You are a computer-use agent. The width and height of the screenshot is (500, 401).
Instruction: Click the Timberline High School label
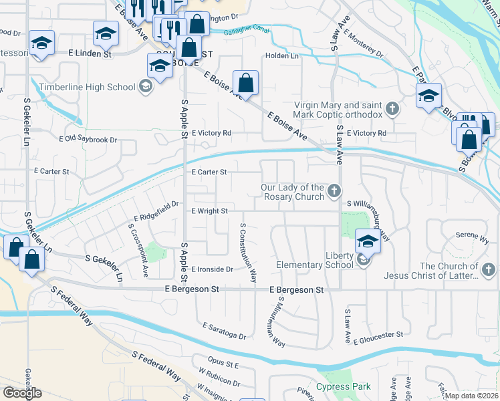[x=87, y=87]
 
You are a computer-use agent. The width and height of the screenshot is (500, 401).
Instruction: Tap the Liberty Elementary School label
[x=316, y=260]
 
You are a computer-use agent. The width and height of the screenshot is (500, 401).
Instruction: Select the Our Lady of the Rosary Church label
[x=293, y=192]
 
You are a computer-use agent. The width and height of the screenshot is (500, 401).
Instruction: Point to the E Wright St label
[x=210, y=211]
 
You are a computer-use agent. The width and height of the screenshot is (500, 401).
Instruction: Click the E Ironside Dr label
[x=212, y=269]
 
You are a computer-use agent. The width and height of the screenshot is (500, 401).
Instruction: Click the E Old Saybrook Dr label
[x=88, y=140]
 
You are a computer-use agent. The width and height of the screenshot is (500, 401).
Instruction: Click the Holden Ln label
[x=282, y=56]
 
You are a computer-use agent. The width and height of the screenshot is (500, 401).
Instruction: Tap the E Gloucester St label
[x=378, y=338]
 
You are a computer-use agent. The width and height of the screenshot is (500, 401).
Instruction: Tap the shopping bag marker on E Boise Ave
[x=246, y=84]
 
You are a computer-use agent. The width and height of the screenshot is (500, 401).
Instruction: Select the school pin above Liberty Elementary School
[x=367, y=241]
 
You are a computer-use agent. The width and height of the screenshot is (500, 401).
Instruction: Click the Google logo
[x=22, y=393]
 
